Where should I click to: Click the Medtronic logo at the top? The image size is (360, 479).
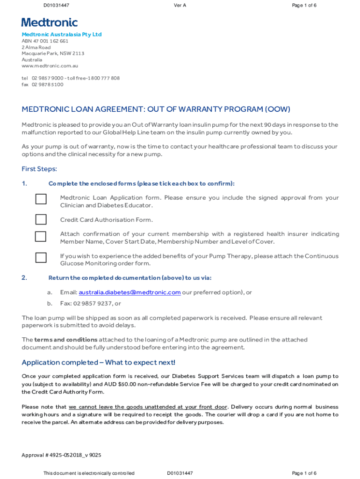[50, 22]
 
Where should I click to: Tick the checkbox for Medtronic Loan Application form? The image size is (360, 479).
[41, 199]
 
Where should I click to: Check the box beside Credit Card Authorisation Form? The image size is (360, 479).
[41, 219]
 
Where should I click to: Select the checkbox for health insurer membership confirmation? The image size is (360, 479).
[41, 236]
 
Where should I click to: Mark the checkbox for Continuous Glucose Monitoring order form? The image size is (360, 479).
[41, 258]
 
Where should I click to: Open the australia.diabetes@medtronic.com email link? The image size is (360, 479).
[130, 292]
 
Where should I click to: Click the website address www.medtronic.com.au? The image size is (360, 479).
[46, 66]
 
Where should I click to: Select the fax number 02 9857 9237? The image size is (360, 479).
[90, 304]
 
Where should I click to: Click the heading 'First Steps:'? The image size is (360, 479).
[39, 169]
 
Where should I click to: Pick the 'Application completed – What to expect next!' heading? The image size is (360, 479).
[99, 363]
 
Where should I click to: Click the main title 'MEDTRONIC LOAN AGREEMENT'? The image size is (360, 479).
[83, 109]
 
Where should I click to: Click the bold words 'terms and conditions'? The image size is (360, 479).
[66, 340]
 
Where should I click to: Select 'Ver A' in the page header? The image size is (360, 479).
[180, 5]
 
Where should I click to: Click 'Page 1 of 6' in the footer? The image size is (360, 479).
[304, 473]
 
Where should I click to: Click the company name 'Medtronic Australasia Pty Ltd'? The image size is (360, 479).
[61, 35]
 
